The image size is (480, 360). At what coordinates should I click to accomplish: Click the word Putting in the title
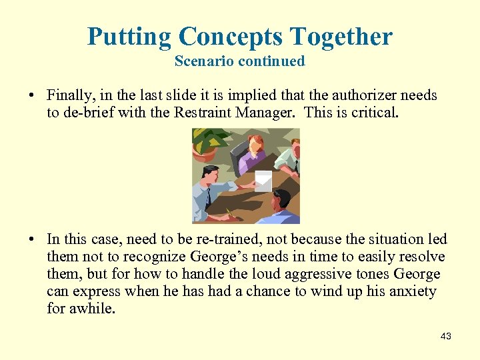pyautogui.click(x=127, y=36)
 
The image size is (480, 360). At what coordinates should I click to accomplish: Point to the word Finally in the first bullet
pyautogui.click(x=71, y=95)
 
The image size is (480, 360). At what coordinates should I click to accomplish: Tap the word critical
pyautogui.click(x=375, y=113)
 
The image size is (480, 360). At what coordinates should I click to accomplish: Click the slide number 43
pyautogui.click(x=446, y=337)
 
